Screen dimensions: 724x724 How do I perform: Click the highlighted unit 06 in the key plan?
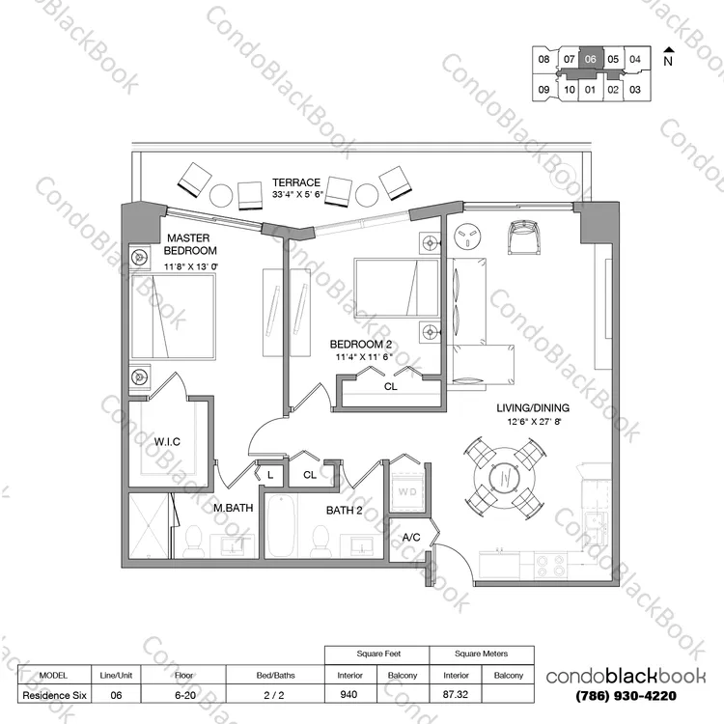(591, 59)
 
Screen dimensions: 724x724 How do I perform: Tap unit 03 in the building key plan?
(635, 89)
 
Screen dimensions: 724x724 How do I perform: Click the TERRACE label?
(296, 182)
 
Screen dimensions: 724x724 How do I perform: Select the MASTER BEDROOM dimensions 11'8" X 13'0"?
(191, 266)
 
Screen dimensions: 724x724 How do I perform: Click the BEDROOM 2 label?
(361, 345)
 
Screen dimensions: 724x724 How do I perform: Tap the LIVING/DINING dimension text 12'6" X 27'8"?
(533, 421)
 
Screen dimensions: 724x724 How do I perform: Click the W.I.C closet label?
(167, 442)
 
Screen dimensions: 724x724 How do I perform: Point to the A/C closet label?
(411, 537)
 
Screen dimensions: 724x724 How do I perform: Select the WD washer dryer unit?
(407, 491)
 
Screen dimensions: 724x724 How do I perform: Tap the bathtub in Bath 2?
(281, 526)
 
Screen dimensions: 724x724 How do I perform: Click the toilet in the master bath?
(193, 542)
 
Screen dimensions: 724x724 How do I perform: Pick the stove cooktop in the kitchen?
(551, 565)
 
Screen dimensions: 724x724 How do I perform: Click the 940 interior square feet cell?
(349, 694)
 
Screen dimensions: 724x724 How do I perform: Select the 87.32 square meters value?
(456, 694)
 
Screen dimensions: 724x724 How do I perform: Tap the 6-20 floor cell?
(184, 695)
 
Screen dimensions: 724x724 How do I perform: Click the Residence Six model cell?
(54, 695)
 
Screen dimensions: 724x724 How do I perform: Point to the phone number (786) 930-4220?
(627, 695)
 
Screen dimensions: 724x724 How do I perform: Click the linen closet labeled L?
(270, 474)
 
